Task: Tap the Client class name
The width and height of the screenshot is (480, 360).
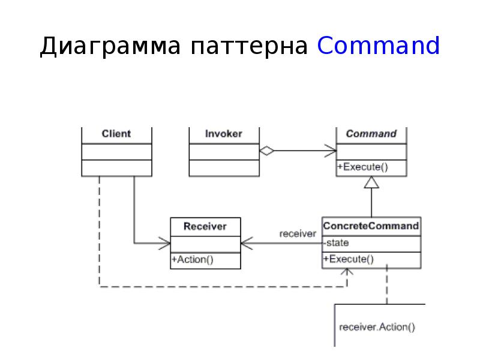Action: tap(116, 134)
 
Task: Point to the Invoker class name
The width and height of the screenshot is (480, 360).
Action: tap(224, 134)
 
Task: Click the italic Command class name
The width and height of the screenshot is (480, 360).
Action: tap(371, 134)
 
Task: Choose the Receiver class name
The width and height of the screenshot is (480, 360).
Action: tap(205, 226)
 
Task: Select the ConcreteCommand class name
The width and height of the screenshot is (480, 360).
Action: tap(371, 226)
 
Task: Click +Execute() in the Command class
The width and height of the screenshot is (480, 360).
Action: tap(362, 167)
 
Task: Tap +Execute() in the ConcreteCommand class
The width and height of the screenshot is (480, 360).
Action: tap(349, 259)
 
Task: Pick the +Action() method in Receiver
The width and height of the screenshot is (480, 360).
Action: tap(193, 260)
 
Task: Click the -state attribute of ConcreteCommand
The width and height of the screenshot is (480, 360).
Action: tap(337, 243)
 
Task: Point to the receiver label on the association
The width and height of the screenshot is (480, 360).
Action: tap(298, 234)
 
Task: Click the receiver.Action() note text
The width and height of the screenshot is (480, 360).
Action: tap(377, 327)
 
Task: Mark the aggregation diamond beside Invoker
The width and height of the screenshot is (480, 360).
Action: tap(267, 151)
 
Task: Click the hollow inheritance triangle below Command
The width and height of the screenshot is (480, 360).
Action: tap(372, 182)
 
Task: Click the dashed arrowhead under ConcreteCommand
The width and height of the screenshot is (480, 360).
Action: tap(347, 272)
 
